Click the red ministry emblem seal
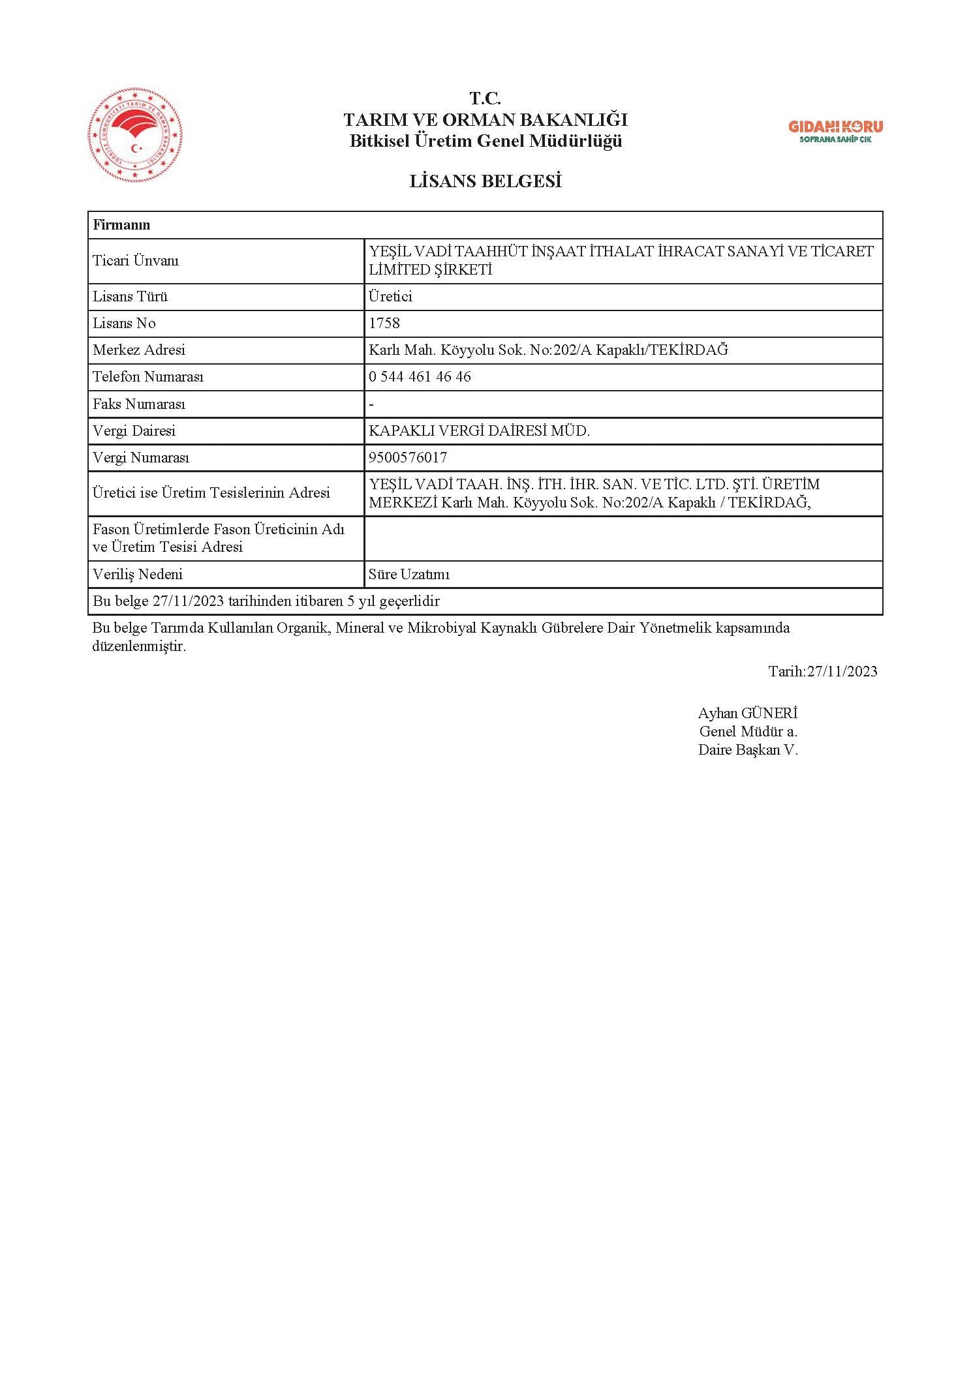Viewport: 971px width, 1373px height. point(135,135)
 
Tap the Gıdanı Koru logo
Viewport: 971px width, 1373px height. point(835,131)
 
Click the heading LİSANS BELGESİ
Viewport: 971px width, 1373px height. point(485,182)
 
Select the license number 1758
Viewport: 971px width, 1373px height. point(384,324)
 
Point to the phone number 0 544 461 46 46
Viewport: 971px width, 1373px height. point(420,377)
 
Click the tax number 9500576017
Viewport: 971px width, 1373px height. point(408,458)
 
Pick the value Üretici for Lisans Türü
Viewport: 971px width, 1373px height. point(390,297)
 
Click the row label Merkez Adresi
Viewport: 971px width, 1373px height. point(139,350)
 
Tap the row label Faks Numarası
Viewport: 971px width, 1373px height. point(139,404)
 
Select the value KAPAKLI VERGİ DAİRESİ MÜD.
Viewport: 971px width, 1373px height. point(479,431)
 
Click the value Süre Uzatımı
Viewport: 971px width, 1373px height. point(409,575)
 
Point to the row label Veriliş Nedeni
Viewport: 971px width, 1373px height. point(138,575)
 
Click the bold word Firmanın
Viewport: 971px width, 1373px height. point(121,225)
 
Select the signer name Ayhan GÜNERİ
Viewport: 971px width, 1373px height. point(748,714)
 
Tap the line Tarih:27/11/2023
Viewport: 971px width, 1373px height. point(822,671)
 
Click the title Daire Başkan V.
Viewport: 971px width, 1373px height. point(748,750)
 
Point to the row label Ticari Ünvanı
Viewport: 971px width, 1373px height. point(136,261)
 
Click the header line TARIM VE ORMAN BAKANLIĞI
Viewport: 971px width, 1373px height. point(485,120)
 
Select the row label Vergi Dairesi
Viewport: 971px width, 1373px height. point(134,431)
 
